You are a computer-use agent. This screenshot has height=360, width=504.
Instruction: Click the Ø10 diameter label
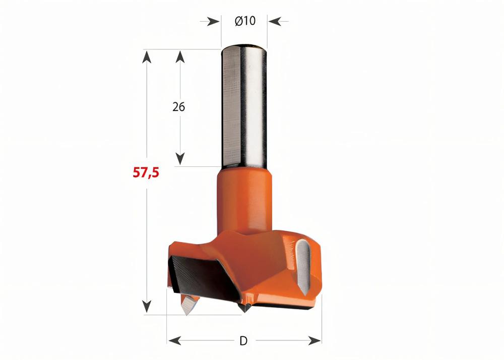coord(245,21)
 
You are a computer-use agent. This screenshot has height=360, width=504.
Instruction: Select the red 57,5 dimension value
coord(146,172)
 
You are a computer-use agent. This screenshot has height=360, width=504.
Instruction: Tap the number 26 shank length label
coord(178,107)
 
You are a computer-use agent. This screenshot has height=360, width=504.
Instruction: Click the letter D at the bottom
coord(243,341)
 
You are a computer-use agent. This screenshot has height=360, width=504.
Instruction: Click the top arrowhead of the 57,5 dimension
coord(147,56)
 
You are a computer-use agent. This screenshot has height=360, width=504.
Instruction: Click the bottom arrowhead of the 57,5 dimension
coord(147,307)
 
